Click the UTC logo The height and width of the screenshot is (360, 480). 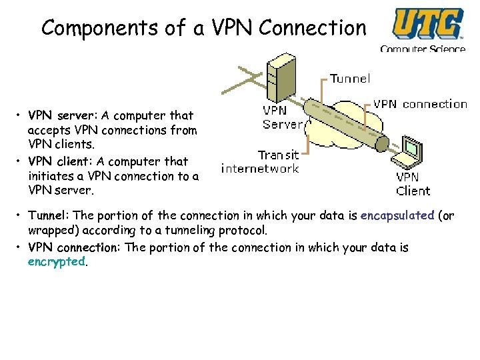click(x=427, y=24)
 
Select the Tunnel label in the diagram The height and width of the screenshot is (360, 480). click(x=350, y=79)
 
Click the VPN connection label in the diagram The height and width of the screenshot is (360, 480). click(x=420, y=104)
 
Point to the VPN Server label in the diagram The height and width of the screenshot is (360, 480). click(x=283, y=117)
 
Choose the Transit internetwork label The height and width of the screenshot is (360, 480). click(x=261, y=161)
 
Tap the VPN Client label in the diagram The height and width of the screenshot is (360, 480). click(x=413, y=184)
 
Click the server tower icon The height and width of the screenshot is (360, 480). click(x=279, y=76)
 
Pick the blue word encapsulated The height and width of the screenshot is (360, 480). click(x=397, y=216)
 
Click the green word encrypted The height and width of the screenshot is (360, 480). click(x=57, y=262)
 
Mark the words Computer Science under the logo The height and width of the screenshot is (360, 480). click(x=422, y=49)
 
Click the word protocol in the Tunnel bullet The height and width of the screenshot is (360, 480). click(x=243, y=231)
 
